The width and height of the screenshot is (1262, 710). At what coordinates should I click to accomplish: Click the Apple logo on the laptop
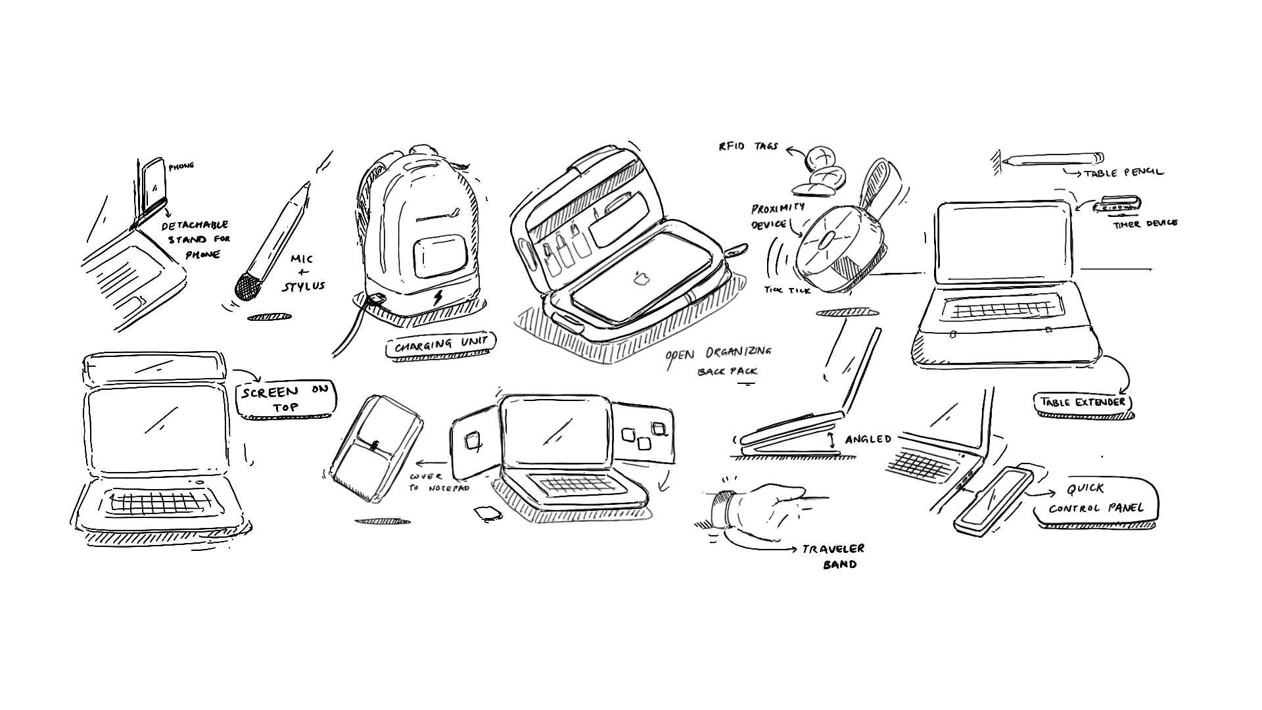641,279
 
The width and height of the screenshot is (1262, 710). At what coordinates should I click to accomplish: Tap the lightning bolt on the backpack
438,298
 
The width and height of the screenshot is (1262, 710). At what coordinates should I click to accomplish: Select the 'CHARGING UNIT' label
441,344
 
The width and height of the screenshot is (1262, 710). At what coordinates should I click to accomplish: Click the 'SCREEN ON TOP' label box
285,398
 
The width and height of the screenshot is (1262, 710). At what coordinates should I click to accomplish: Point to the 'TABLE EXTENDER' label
1082,402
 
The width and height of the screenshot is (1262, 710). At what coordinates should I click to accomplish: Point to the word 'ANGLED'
868,439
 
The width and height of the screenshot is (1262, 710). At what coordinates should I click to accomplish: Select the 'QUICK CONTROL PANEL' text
1096,499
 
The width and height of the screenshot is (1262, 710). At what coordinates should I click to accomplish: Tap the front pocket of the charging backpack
440,258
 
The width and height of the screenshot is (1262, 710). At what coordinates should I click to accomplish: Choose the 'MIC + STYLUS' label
303,273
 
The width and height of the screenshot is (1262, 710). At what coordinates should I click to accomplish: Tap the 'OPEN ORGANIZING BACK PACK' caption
720,360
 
